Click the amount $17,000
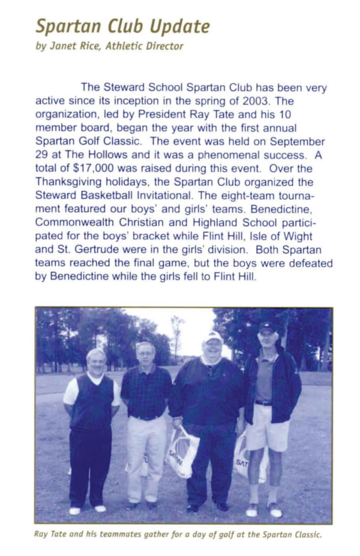[93, 168]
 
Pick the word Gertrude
[88, 249]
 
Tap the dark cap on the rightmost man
[267, 327]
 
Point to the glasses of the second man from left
[145, 354]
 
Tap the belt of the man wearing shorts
[263, 403]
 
